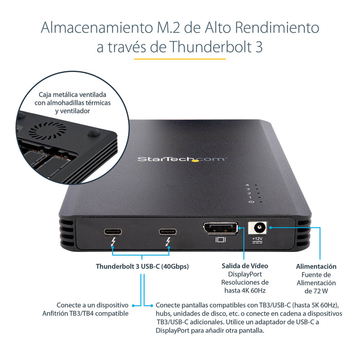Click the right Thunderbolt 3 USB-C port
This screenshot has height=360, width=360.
coord(167,230)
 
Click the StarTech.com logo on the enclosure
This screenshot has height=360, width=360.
coord(181,159)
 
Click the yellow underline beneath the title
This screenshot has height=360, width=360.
coord(180,59)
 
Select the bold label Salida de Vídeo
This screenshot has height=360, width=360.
coord(244,266)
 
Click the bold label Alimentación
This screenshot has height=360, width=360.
coord(316,266)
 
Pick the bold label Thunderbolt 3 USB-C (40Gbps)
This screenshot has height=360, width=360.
coord(142,266)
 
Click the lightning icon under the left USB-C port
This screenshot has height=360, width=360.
coord(113,241)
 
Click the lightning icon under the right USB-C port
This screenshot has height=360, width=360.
coord(168,241)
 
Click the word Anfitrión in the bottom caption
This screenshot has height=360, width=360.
coord(58,313)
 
